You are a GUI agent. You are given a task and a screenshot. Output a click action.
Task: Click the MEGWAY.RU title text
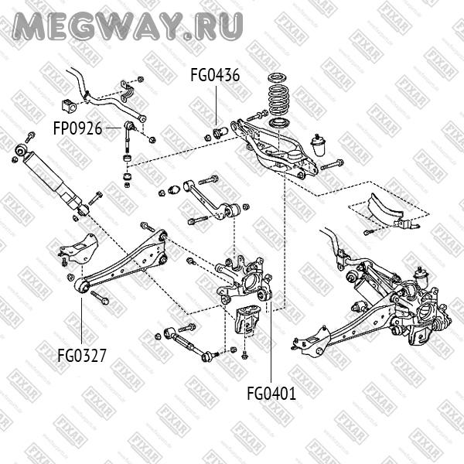pyautogui.click(x=128, y=27)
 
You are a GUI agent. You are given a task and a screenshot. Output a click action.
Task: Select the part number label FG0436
pyautogui.click(x=215, y=76)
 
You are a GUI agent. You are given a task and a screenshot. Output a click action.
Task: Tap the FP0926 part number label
pyautogui.click(x=77, y=128)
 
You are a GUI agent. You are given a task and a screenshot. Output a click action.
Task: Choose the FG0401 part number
pyautogui.click(x=271, y=392)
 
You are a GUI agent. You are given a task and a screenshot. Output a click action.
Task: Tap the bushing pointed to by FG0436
pyautogui.click(x=219, y=129)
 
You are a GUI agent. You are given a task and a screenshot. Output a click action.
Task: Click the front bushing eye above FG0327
pyautogui.click(x=80, y=286)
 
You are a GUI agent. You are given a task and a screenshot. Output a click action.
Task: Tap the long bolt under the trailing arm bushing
pyautogui.click(x=100, y=298)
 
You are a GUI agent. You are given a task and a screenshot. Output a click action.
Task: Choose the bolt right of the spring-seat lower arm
pyautogui.click(x=332, y=165)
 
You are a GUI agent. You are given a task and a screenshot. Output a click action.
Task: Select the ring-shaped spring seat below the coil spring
pyautogui.click(x=276, y=124)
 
